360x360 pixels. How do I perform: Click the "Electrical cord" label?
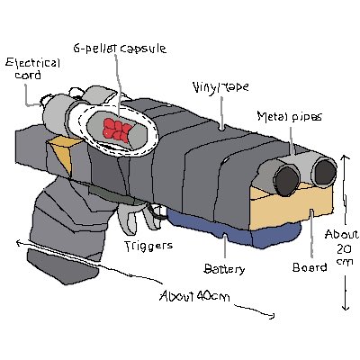[33, 68]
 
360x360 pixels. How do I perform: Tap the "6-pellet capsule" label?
[120, 49]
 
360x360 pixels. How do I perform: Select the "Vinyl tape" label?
[220, 87]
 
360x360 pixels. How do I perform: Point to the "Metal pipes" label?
[290, 116]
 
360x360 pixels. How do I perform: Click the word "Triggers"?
[148, 246]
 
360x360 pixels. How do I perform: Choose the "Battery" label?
[224, 269]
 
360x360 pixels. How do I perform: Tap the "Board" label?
[310, 267]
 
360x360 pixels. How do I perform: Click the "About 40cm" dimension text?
[194, 296]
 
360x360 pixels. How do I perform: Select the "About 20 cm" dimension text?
[342, 247]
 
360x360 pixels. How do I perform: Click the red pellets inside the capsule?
[117, 130]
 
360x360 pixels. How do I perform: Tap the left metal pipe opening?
[287, 181]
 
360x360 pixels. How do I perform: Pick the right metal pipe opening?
[324, 172]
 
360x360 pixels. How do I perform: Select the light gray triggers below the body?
[141, 217]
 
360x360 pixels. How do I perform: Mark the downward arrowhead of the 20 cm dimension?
[346, 308]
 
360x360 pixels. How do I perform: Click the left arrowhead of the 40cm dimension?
[20, 242]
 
